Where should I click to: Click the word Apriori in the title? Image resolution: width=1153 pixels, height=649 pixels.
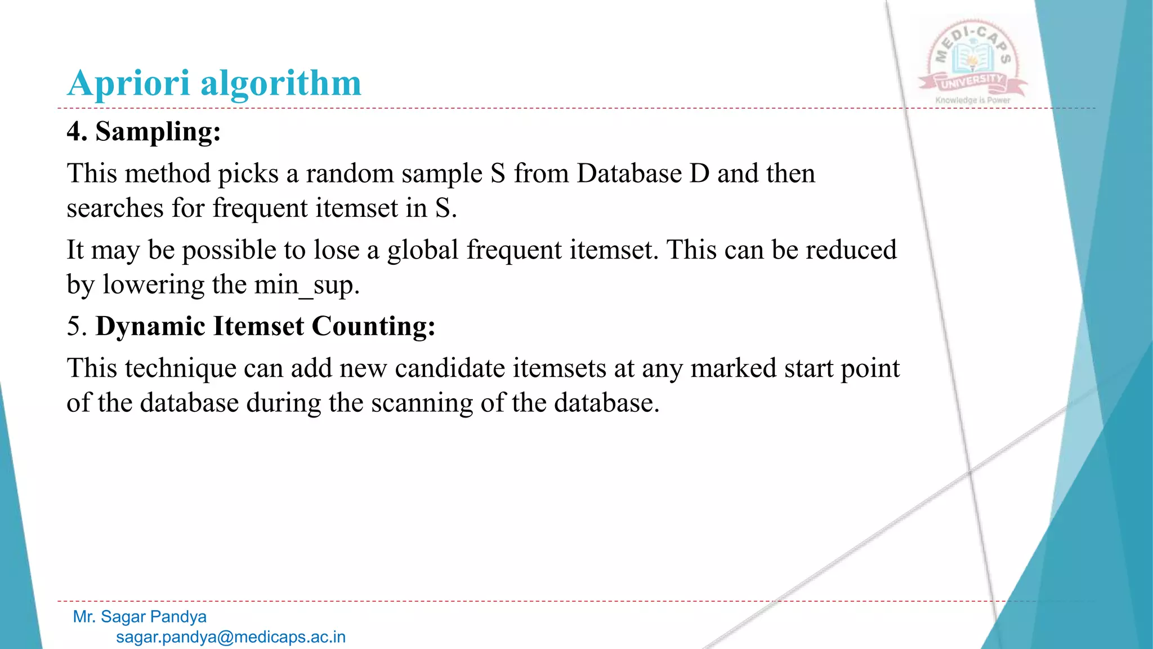(x=128, y=83)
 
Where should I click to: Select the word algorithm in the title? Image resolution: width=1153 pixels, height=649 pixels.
(x=281, y=83)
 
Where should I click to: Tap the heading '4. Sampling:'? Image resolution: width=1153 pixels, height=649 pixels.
(x=144, y=132)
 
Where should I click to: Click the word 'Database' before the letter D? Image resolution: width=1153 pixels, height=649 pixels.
(x=629, y=173)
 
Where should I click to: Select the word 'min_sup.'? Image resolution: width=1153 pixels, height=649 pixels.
(x=306, y=285)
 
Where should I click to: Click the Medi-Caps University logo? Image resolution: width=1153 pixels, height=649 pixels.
(x=972, y=59)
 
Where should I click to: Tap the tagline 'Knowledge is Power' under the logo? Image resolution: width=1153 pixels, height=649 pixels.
(x=973, y=100)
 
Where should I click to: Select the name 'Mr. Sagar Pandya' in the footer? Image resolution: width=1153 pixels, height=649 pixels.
(x=140, y=617)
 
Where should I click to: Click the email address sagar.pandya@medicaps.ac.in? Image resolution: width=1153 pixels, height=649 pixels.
(x=231, y=637)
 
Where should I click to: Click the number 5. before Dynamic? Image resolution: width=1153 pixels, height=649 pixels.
(x=77, y=326)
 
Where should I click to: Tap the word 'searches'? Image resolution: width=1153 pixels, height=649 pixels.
(x=115, y=208)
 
